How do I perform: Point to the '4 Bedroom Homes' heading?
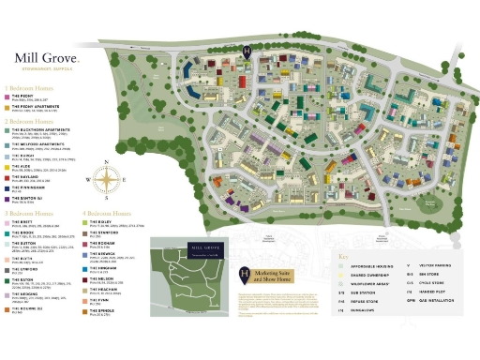[112, 213]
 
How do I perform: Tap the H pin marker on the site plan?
[246, 52]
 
